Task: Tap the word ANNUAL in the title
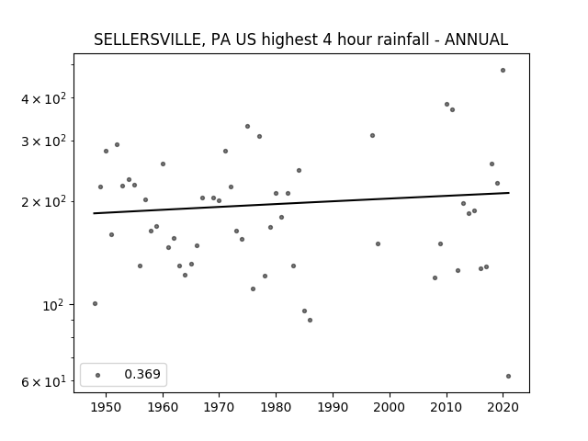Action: coord(476,40)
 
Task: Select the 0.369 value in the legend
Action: coord(142,374)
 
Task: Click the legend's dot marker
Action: coord(98,375)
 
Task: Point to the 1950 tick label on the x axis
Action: coord(107,407)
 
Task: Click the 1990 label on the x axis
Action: coord(333,407)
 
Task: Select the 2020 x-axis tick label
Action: coord(503,407)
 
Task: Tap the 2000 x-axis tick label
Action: coord(390,407)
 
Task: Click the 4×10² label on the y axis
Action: coord(43,98)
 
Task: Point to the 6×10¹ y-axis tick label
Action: coord(43,382)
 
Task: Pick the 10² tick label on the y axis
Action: coord(54,306)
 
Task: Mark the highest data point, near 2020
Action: coord(503,71)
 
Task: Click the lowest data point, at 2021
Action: coord(508,376)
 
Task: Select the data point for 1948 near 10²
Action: coord(95,304)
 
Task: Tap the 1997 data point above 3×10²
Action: coord(372,135)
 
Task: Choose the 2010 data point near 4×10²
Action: coord(447,104)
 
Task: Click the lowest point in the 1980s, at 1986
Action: coord(311,321)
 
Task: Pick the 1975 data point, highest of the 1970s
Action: coord(247,127)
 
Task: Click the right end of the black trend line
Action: coord(509,193)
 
